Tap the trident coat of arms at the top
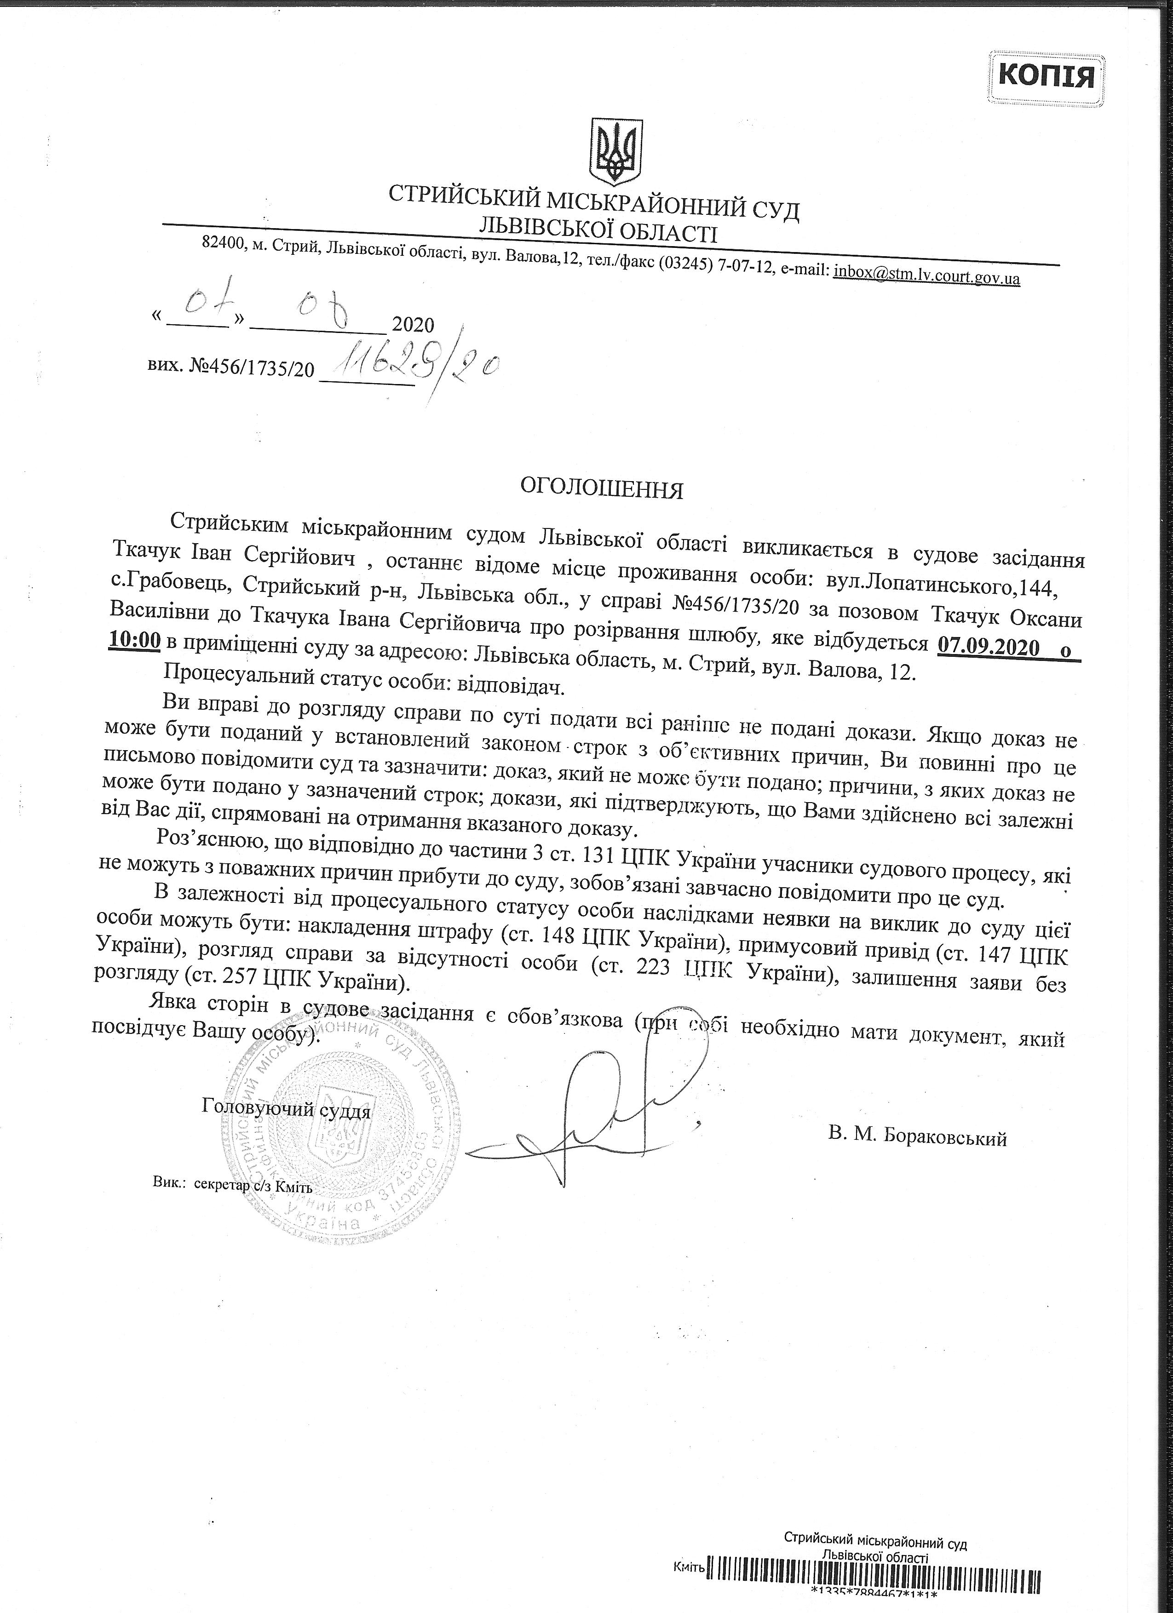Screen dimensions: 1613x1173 (x=617, y=150)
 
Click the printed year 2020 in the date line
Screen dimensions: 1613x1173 (x=413, y=325)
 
